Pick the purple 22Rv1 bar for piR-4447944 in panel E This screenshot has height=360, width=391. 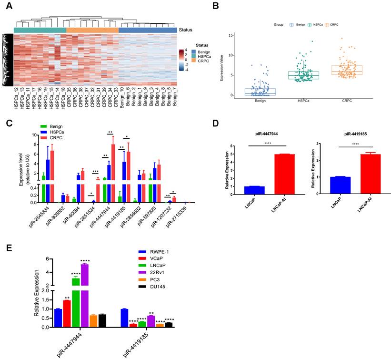point(85,295)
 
